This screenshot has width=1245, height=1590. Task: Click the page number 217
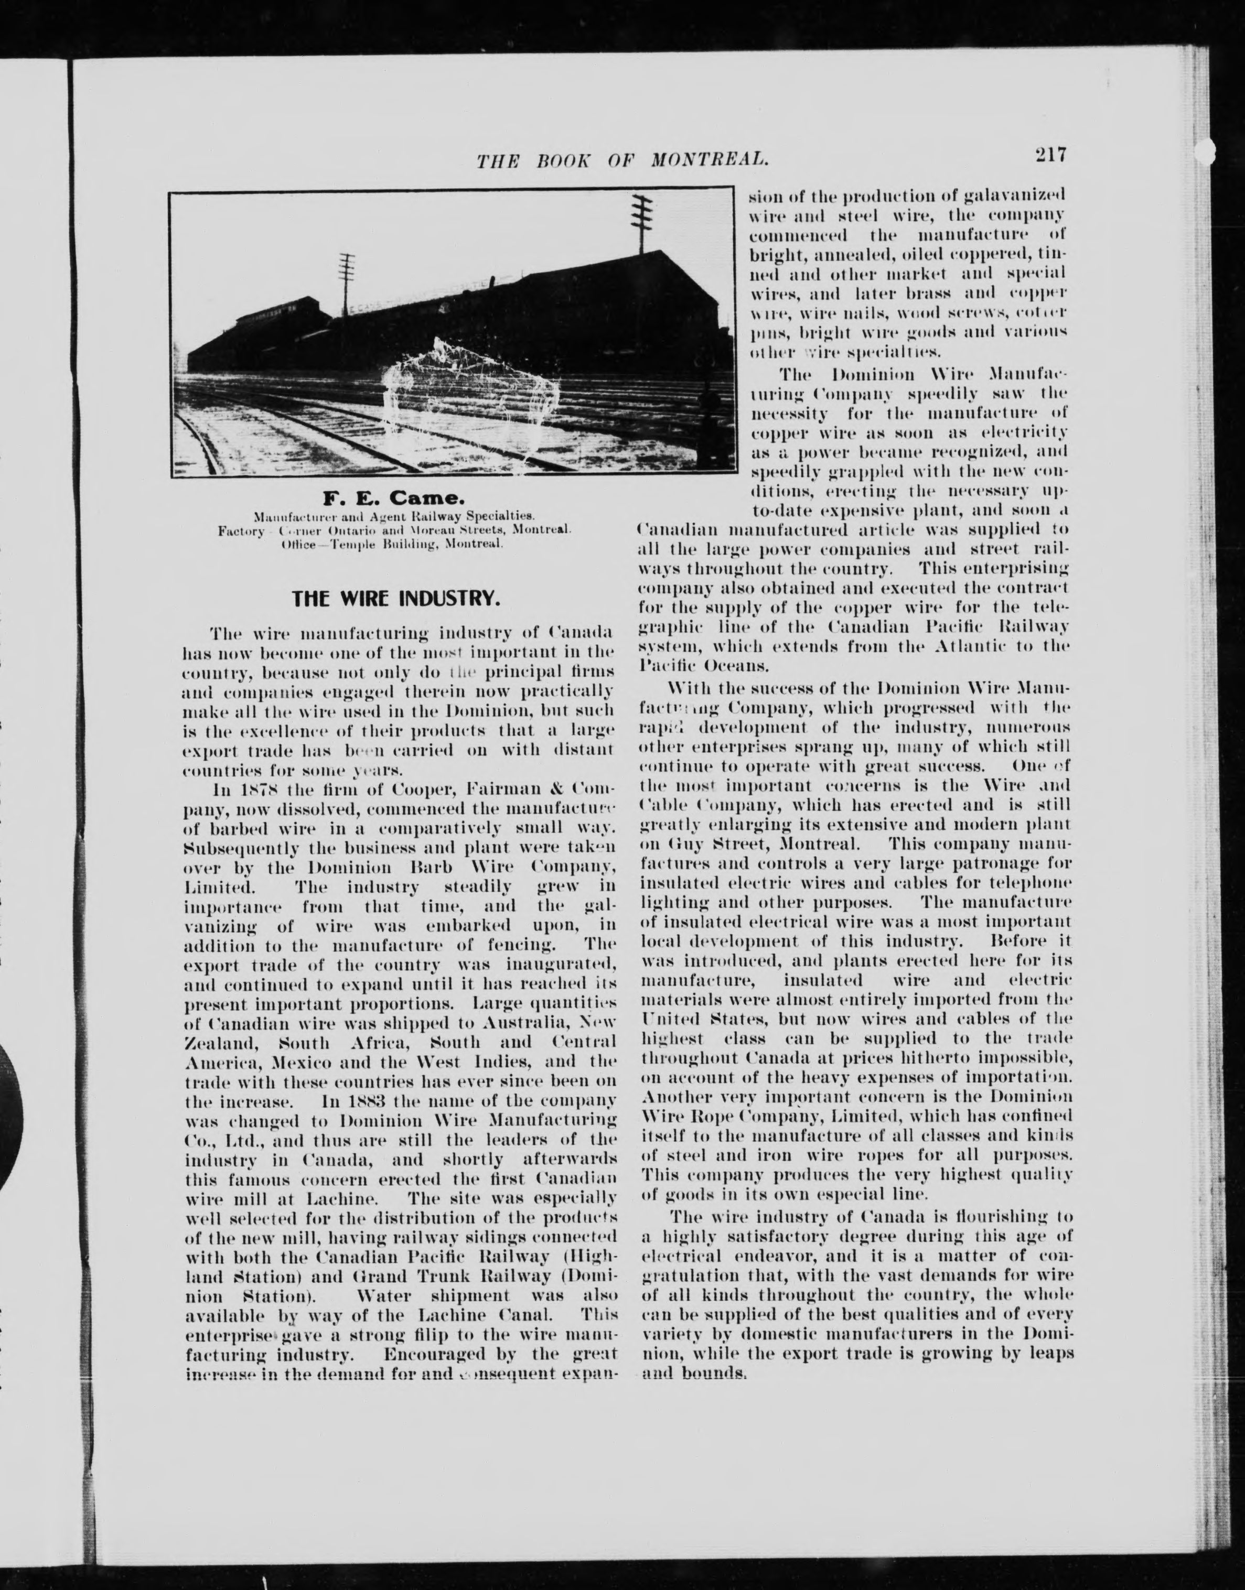click(x=1049, y=155)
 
